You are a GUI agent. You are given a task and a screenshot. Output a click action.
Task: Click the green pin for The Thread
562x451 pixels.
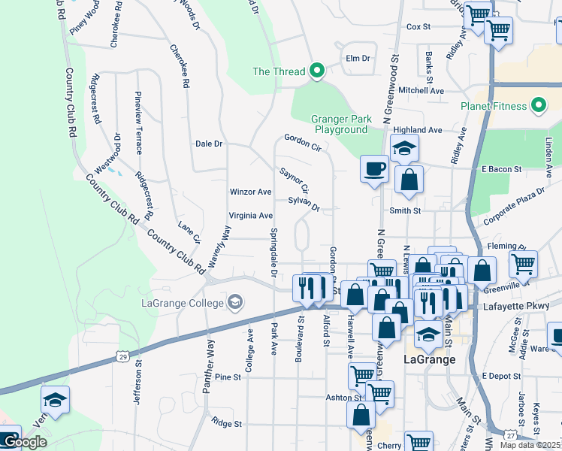point(317,71)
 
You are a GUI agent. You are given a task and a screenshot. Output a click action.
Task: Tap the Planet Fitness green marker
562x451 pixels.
point(539,106)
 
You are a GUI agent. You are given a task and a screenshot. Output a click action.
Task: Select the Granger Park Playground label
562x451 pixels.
point(340,124)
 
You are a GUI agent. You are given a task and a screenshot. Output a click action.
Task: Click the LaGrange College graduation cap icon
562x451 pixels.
point(236,303)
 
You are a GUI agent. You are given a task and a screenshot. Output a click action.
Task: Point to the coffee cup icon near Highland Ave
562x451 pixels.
point(373,168)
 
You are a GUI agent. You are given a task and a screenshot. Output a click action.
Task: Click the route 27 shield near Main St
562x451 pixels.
point(510,435)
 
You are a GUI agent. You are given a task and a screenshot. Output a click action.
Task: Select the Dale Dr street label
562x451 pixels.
point(209,143)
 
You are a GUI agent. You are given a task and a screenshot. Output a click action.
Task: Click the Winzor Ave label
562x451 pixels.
point(250,192)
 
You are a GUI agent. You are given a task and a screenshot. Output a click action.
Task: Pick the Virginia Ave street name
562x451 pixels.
point(250,215)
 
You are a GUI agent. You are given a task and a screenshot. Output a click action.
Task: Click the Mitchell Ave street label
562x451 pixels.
point(421,89)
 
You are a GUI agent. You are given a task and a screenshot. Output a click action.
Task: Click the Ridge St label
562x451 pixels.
point(226,423)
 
